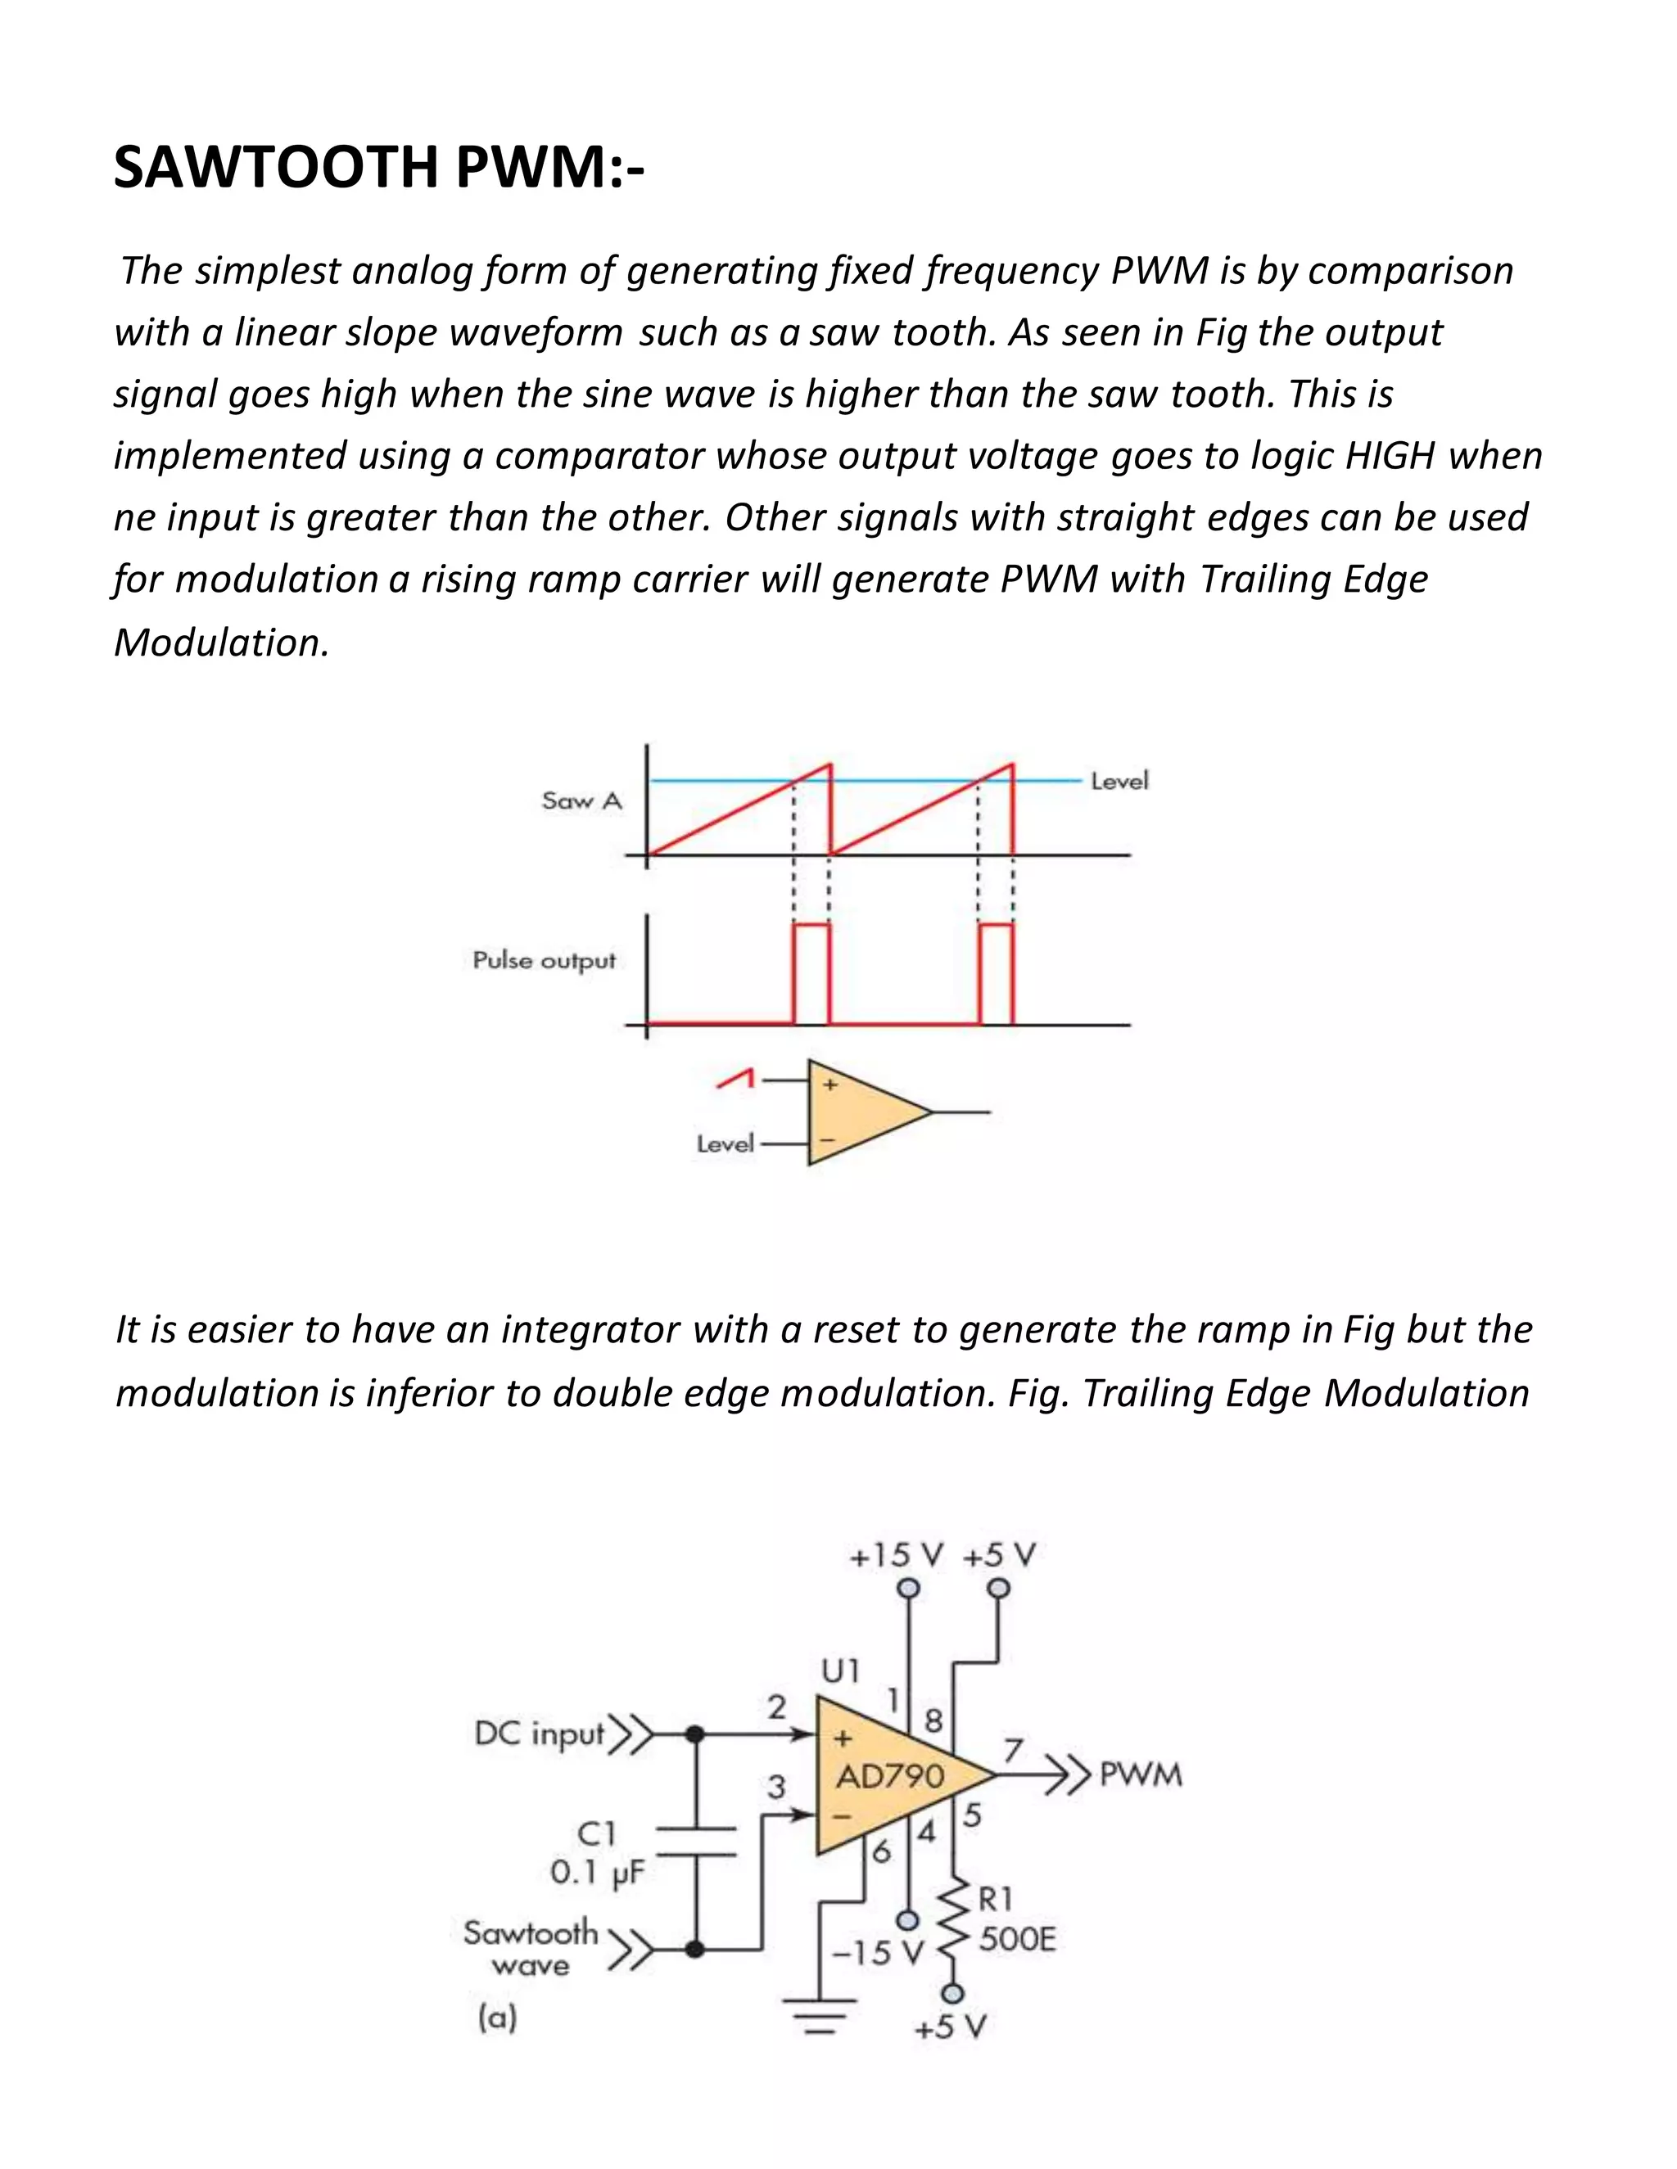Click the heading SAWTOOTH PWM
(x=378, y=167)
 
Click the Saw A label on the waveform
(x=581, y=800)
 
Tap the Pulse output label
(x=544, y=960)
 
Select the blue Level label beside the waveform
(x=1119, y=782)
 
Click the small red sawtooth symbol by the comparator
(x=736, y=1080)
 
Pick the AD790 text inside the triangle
(x=889, y=1776)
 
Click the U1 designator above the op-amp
(x=839, y=1671)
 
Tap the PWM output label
(x=1141, y=1774)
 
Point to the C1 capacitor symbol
(x=695, y=1840)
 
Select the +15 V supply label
(x=896, y=1556)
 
